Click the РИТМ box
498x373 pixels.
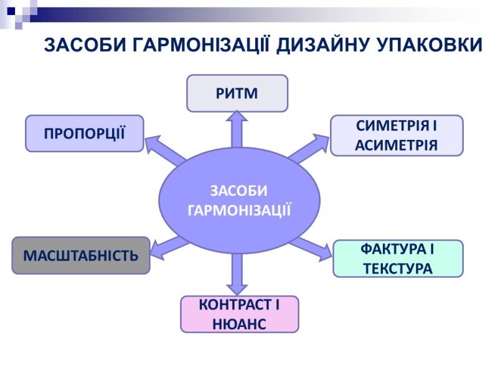point(237,93)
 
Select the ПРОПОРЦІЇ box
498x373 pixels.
point(84,133)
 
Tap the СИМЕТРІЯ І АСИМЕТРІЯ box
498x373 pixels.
point(397,135)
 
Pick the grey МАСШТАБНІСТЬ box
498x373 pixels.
point(81,255)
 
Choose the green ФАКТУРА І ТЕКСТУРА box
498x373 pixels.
point(398,259)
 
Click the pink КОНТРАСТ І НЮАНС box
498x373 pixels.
point(239,314)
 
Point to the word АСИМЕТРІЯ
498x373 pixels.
point(397,145)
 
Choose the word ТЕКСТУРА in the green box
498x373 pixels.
point(398,269)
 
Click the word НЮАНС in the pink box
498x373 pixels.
point(239,323)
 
